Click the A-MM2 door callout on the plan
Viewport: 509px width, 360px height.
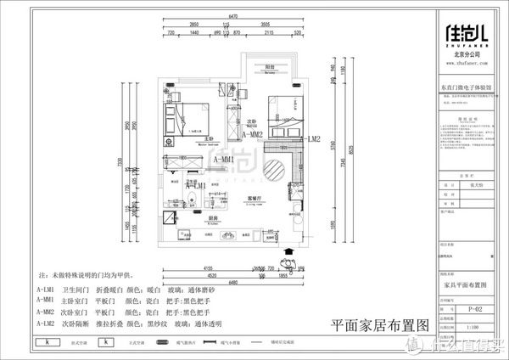[254, 134]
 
